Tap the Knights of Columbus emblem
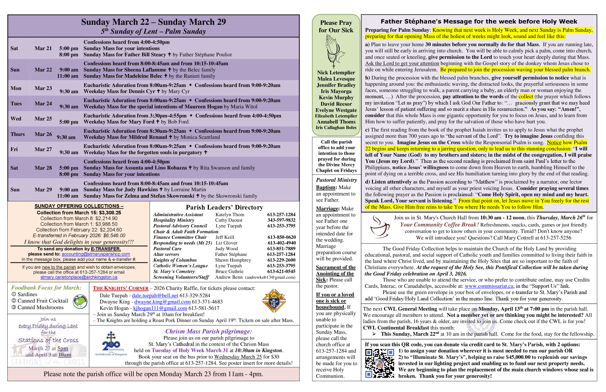pyautogui.click(x=274, y=301)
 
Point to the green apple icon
pyautogui.click(x=80, y=301)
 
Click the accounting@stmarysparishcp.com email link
pyautogui.click(x=96, y=254)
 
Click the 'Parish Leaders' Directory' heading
pyautogui.click(x=224, y=207)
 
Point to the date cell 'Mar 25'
pyautogui.click(x=43, y=119)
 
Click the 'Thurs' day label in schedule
pyautogui.click(x=18, y=134)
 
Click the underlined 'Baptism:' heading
pyautogui.click(x=326, y=187)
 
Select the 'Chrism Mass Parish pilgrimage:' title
pyautogui.click(x=209, y=331)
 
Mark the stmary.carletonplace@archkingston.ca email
pyautogui.click(x=79, y=277)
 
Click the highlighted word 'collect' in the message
pyautogui.click(x=526, y=96)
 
